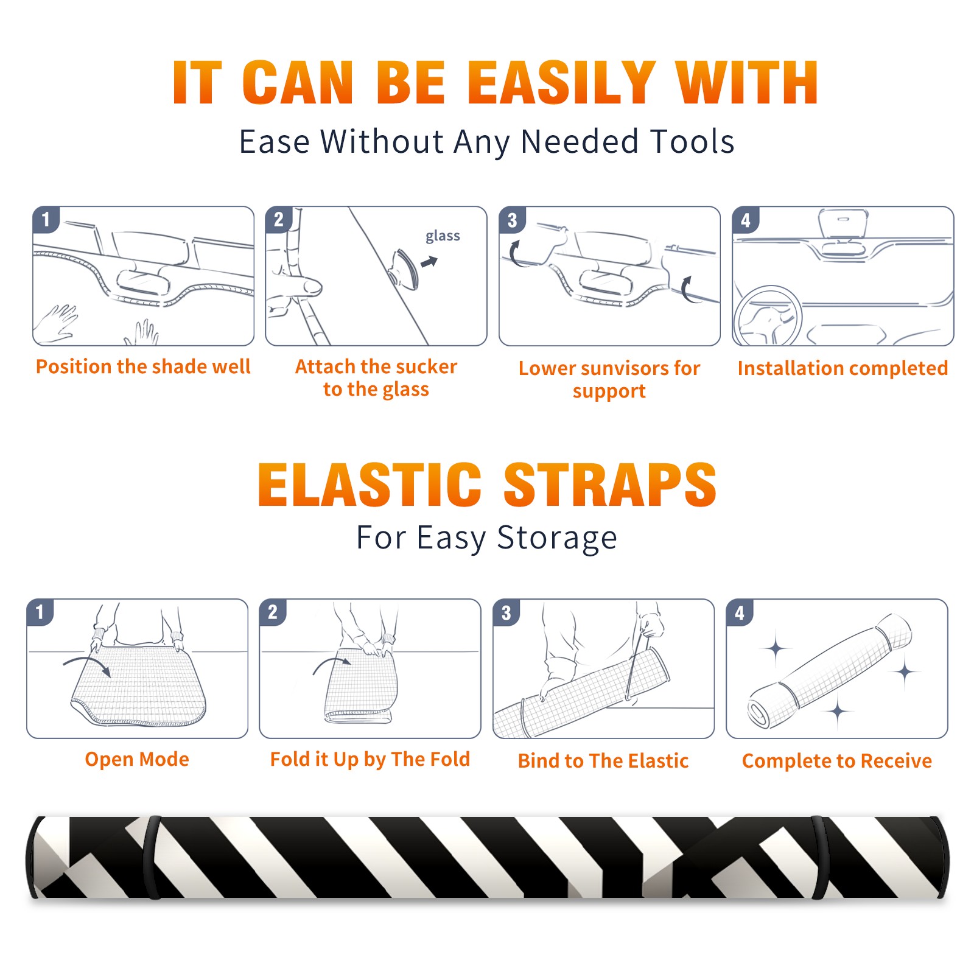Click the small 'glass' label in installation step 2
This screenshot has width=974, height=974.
(443, 236)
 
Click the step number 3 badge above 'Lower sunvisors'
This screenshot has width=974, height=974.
(512, 220)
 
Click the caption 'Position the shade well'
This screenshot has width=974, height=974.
(143, 366)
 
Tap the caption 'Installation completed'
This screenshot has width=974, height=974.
(843, 368)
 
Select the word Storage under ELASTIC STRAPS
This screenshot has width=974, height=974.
(557, 538)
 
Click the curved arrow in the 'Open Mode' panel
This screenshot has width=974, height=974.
(86, 664)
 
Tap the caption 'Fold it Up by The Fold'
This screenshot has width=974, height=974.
(370, 759)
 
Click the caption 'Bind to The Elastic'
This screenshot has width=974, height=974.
(603, 760)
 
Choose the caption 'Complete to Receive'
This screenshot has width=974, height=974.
(837, 760)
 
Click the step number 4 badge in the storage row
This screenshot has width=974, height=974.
(740, 612)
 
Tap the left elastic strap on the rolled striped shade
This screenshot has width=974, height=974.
(152, 857)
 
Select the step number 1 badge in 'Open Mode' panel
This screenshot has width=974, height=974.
(40, 612)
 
